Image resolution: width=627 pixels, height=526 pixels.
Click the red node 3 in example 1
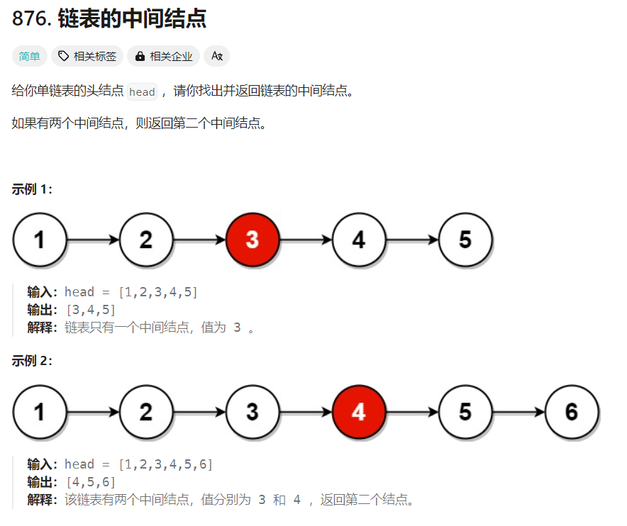[x=253, y=240]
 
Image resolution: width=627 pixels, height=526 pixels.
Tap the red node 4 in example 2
[x=359, y=412]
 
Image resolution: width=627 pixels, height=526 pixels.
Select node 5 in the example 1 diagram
[x=465, y=240]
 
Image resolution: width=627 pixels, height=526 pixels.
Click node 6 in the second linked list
[x=572, y=412]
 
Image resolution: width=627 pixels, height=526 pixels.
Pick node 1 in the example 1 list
[x=40, y=240]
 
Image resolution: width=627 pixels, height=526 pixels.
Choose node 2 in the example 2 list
[x=146, y=412]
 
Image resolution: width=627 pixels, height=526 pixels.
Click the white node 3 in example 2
[x=253, y=412]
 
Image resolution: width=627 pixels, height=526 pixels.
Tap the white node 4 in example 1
[x=359, y=240]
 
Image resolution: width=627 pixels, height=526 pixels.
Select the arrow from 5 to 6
[x=518, y=412]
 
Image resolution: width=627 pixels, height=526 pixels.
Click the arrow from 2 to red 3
[x=199, y=240]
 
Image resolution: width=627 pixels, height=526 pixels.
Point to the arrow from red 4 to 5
[x=412, y=412]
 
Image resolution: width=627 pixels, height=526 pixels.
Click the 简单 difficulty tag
[x=30, y=56]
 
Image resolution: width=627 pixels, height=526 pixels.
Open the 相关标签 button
[x=87, y=56]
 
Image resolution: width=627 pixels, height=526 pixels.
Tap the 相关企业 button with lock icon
[x=164, y=56]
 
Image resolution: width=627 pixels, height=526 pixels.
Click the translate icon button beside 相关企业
[x=217, y=56]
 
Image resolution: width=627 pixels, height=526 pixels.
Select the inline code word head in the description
[x=142, y=92]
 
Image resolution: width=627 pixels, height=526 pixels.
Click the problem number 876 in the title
[x=28, y=19]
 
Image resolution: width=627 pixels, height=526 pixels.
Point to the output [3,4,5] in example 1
[x=90, y=310]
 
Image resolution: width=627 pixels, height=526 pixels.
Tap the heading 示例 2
[x=32, y=361]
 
